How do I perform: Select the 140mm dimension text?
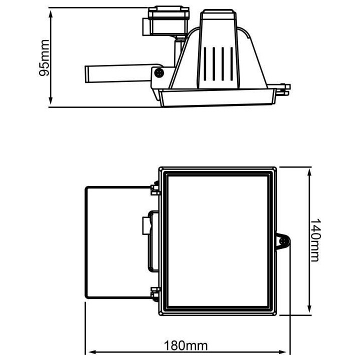point(314,240)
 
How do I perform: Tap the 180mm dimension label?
point(186,345)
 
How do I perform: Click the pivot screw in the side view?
point(159,73)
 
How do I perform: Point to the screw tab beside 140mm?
point(284,242)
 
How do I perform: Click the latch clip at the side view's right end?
point(284,88)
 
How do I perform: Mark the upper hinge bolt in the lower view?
point(154,188)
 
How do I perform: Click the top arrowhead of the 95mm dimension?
point(51,11)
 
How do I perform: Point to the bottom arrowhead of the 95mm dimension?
point(51,103)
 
